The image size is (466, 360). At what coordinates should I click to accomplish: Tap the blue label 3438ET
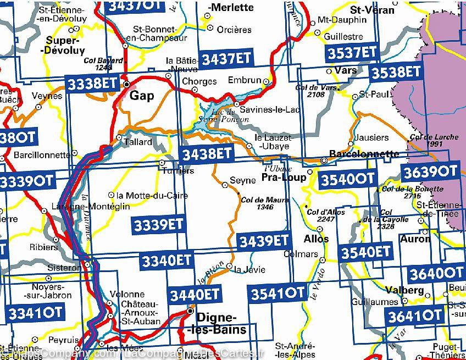[207, 154]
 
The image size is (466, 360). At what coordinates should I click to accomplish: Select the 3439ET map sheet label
[263, 240]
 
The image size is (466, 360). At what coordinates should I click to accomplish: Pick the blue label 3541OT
[278, 293]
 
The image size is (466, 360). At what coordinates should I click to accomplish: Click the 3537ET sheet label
[352, 53]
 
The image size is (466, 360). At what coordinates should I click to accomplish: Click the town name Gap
[142, 96]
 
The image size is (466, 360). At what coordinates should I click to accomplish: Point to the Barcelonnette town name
[364, 154]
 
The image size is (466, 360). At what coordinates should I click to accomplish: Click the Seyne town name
[242, 180]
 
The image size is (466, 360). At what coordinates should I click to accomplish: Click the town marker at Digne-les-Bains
[190, 311]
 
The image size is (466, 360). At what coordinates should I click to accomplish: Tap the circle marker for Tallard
[119, 137]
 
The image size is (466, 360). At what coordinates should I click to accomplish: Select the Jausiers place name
[371, 137]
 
